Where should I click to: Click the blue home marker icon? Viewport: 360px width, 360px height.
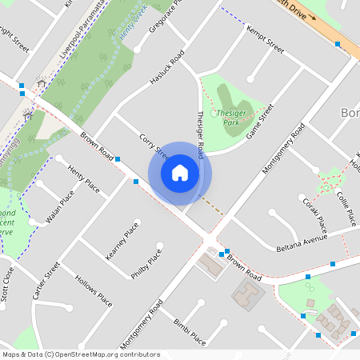pos(180,173)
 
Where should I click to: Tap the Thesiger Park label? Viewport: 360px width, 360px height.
pos(232,117)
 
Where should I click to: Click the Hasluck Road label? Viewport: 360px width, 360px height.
pos(166,68)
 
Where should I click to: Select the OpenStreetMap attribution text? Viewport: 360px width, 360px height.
pos(80,354)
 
